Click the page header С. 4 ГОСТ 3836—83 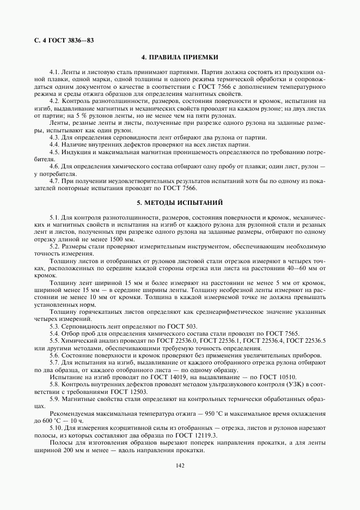coord(59,40)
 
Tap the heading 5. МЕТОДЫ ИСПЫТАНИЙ coord(180,203)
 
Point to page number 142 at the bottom coord(180,465)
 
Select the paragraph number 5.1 coord(54,217)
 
